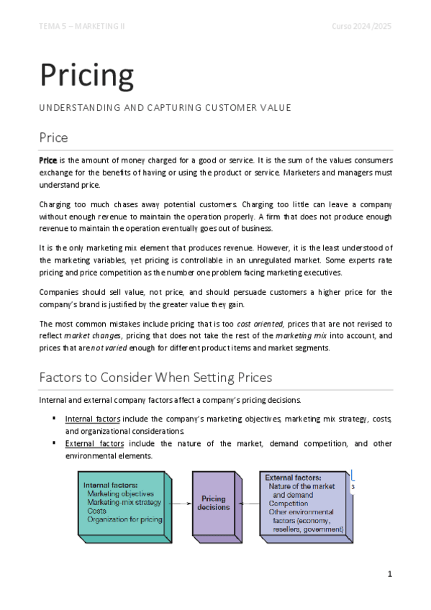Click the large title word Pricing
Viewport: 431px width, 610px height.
(86, 74)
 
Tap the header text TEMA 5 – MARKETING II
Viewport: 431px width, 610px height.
(82, 27)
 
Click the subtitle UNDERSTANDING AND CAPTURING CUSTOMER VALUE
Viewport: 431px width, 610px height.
(165, 108)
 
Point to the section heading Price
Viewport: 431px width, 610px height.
(54, 137)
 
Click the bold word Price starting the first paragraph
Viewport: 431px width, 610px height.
(47, 160)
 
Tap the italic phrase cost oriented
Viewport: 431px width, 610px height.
(260, 324)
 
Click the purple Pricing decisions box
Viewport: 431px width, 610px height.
(214, 503)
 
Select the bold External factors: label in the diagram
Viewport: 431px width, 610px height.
(293, 477)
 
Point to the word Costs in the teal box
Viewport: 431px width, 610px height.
(96, 511)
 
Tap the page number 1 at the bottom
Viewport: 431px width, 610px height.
(389, 574)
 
